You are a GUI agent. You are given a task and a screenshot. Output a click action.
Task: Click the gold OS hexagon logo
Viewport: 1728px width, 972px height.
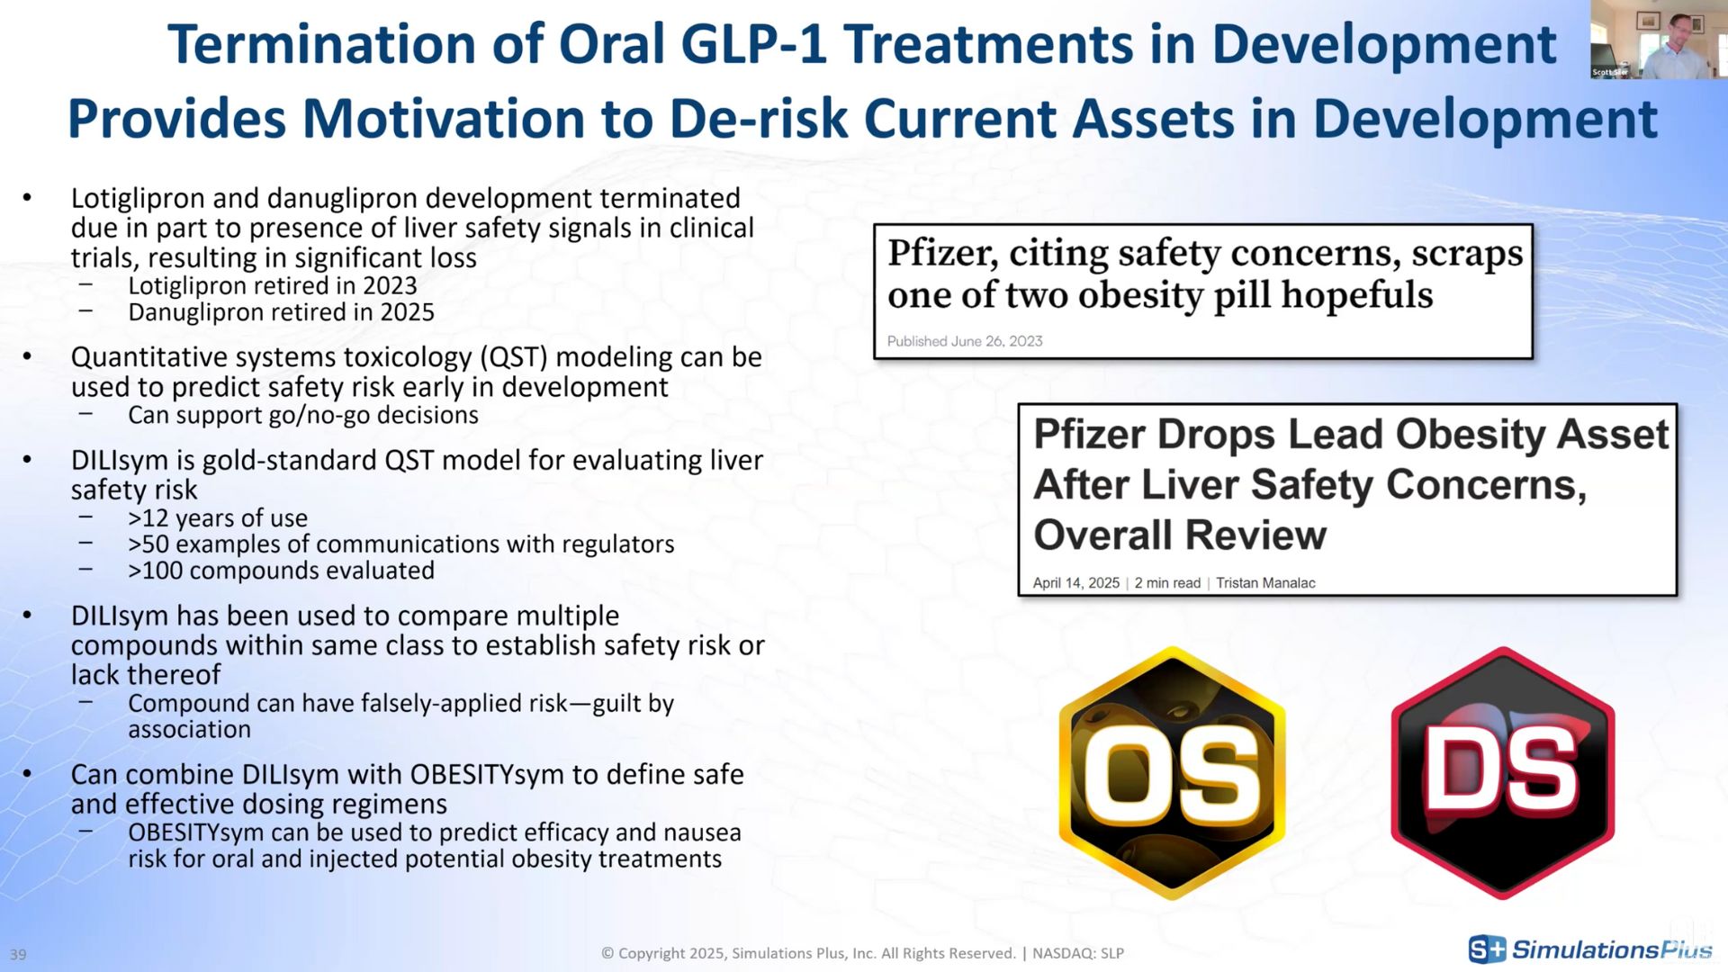coord(1172,773)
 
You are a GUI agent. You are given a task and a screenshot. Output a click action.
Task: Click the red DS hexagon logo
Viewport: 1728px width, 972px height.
coord(1502,773)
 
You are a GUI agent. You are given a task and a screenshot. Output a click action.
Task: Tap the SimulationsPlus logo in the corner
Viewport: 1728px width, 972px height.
coord(1590,949)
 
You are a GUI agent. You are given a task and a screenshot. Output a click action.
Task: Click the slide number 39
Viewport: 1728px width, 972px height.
coord(18,954)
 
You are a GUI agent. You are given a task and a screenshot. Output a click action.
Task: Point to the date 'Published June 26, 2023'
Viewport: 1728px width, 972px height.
coord(964,341)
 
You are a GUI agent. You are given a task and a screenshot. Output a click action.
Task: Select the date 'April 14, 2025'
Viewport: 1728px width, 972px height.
coord(1075,583)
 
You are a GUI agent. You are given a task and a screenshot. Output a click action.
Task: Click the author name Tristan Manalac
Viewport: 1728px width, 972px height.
coord(1265,583)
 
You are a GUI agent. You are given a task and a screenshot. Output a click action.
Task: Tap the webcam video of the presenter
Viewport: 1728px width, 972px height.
coord(1658,40)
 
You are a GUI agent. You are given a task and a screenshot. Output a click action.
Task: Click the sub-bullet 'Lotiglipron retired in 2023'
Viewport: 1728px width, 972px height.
coord(272,285)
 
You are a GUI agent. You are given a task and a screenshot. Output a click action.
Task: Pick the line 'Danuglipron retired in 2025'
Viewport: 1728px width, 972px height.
coord(281,312)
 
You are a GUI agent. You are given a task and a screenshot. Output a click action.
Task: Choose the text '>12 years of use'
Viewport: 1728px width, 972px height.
coord(217,518)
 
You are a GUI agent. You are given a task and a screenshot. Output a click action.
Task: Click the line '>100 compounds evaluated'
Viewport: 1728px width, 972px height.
coord(281,571)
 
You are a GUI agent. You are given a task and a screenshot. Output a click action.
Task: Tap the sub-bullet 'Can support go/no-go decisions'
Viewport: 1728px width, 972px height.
coord(302,415)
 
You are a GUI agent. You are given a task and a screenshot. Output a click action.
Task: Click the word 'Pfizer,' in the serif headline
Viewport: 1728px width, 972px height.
coord(942,253)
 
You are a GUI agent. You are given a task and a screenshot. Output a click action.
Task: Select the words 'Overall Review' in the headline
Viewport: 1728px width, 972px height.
coord(1179,535)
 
